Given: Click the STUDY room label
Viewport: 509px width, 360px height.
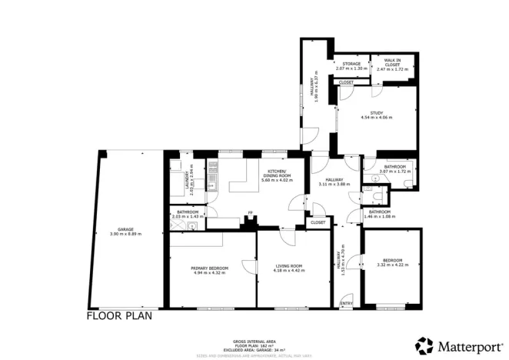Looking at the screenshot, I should click(x=377, y=113).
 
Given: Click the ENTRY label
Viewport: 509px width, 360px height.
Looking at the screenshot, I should click(x=346, y=303).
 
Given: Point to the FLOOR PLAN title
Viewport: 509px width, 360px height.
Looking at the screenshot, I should click(x=119, y=315).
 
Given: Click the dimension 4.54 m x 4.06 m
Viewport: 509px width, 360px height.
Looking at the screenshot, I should click(x=377, y=118).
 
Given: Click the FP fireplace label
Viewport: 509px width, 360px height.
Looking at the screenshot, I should click(x=248, y=215).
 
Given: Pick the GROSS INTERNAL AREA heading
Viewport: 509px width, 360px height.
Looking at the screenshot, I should click(x=254, y=342).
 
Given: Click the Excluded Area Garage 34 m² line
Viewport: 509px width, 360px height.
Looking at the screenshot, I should click(x=254, y=350).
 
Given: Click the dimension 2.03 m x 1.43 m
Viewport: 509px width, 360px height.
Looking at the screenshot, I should click(x=188, y=216).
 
